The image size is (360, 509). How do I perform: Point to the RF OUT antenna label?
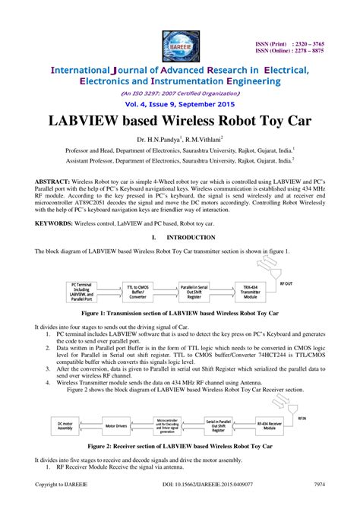coord(289,281)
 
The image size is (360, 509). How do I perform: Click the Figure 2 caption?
coord(179,447)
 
